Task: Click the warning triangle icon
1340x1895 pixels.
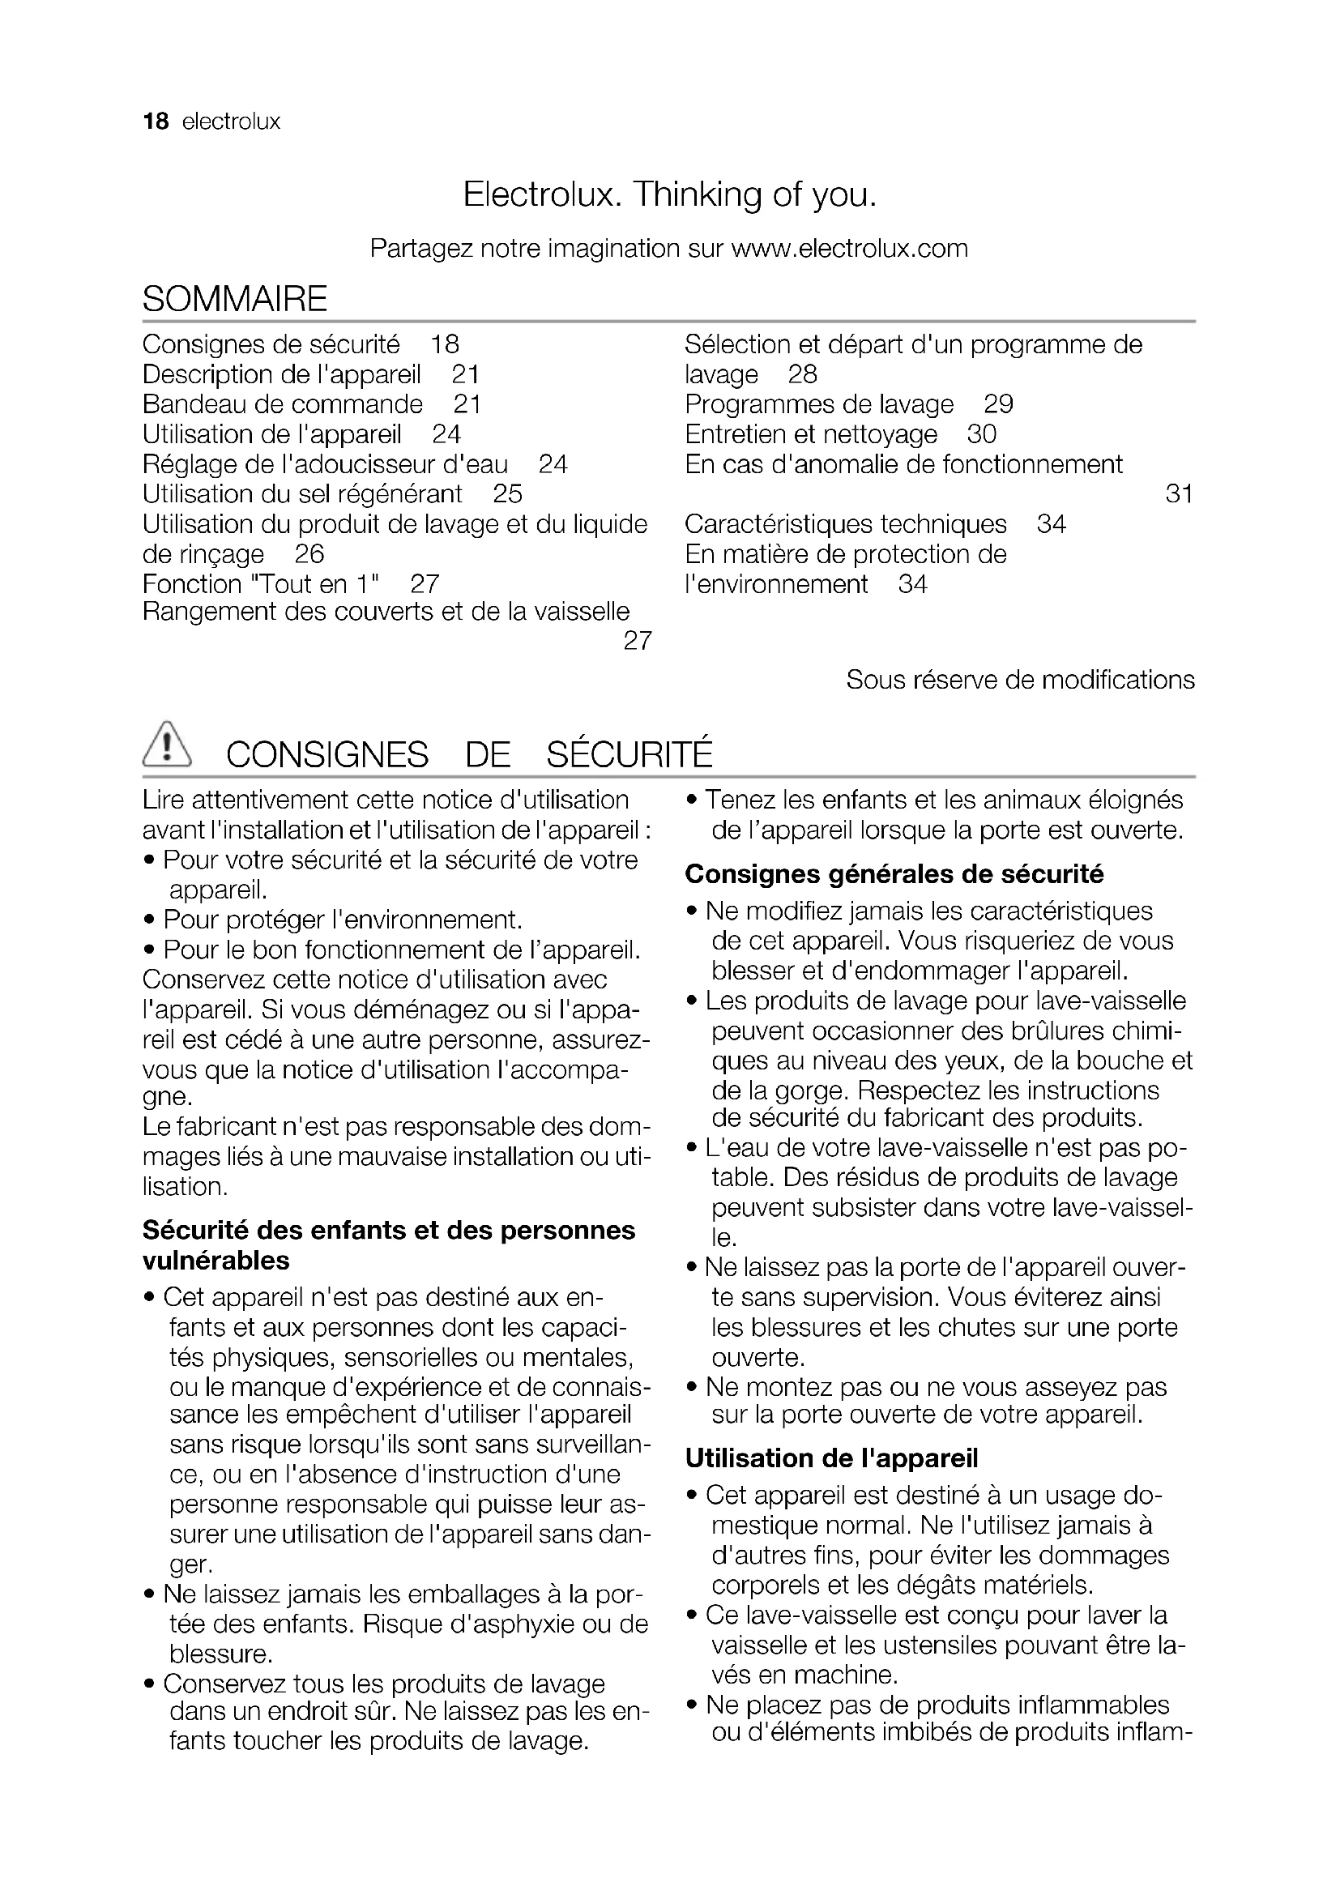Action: pos(167,745)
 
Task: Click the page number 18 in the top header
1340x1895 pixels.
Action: pos(155,122)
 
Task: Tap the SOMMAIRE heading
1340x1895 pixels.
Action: pos(235,298)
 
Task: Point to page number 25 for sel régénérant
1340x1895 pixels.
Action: pos(507,494)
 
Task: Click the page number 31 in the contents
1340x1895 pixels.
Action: pos(1179,494)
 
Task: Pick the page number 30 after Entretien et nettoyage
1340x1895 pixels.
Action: pos(982,434)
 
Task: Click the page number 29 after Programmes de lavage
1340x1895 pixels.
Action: pos(998,404)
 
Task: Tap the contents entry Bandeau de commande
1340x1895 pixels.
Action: pos(282,404)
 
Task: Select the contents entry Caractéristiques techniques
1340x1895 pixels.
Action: pos(846,524)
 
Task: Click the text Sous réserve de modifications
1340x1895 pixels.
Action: pos(1020,680)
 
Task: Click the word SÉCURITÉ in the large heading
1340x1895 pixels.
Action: pos(629,755)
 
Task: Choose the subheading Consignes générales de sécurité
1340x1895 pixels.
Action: pos(894,874)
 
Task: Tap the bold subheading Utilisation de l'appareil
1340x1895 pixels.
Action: pos(831,1458)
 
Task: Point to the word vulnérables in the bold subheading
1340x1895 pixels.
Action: pos(216,1261)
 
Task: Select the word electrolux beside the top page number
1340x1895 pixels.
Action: pos(231,122)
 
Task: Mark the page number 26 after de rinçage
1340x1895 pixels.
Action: pos(309,555)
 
